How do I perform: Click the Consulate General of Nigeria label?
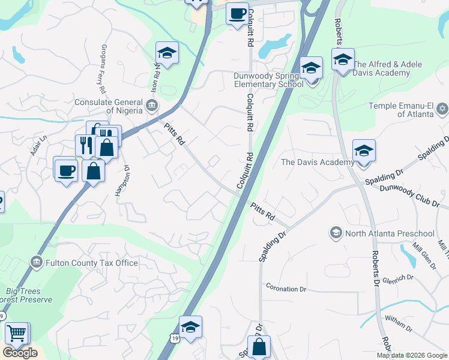pyautogui.click(x=108, y=106)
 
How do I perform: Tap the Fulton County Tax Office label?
pyautogui.click(x=91, y=263)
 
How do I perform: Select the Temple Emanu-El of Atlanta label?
pyautogui.click(x=401, y=110)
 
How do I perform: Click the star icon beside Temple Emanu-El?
pyautogui.click(x=442, y=109)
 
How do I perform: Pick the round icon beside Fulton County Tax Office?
pyautogui.click(x=37, y=262)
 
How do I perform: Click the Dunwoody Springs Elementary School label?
pyautogui.click(x=268, y=80)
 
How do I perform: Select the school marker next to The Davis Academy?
pyautogui.click(x=364, y=152)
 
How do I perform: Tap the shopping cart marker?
pyautogui.click(x=17, y=334)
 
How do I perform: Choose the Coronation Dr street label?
pyautogui.click(x=286, y=289)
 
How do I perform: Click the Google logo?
pyautogui.click(x=20, y=353)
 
